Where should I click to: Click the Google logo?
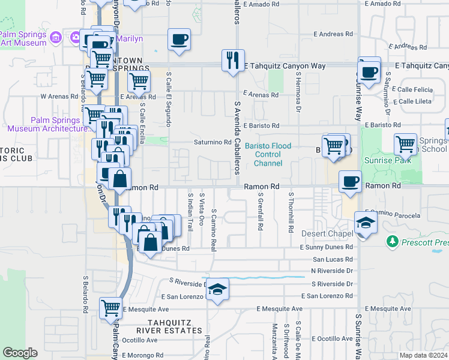pos(20,353)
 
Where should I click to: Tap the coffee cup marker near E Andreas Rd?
pos(179,40)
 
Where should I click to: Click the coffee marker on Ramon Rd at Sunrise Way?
pos(350,181)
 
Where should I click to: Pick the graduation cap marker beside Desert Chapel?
pos(364,223)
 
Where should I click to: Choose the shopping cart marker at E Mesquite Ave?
pos(111,308)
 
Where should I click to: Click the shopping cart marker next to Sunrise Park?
pos(405,144)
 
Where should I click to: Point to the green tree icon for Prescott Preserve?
pos(393,241)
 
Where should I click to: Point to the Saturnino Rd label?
pos(212,142)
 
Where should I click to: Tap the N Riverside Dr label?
pos(333,271)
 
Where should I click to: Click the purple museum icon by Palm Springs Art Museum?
pos(56,38)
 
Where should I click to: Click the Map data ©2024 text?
pos(424,355)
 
